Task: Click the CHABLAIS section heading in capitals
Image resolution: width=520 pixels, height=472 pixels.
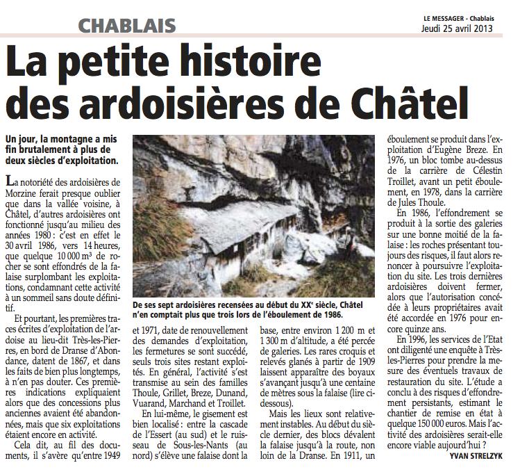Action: tap(126, 27)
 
